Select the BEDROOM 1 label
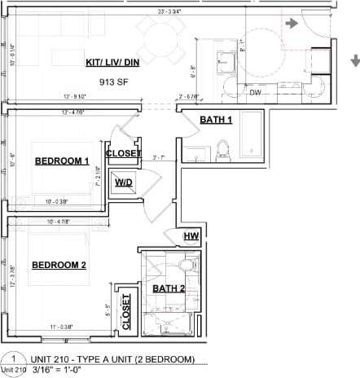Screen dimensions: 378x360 click(61, 161)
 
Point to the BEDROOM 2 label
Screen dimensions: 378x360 click(59, 265)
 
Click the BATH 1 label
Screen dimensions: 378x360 click(217, 121)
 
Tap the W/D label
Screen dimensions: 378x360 click(124, 183)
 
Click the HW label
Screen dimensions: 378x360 click(192, 236)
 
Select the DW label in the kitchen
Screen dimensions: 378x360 click(255, 92)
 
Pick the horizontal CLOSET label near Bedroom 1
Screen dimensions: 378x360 click(124, 153)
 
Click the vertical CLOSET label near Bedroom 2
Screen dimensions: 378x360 click(126, 312)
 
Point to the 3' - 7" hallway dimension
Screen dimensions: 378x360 click(158, 158)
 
